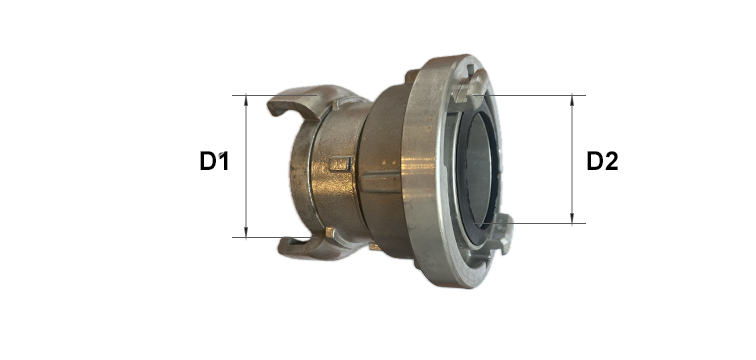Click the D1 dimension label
pos(214,161)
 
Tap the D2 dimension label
pos(602,161)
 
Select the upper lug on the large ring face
pos(470,87)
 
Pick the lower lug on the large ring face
pos(498,234)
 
